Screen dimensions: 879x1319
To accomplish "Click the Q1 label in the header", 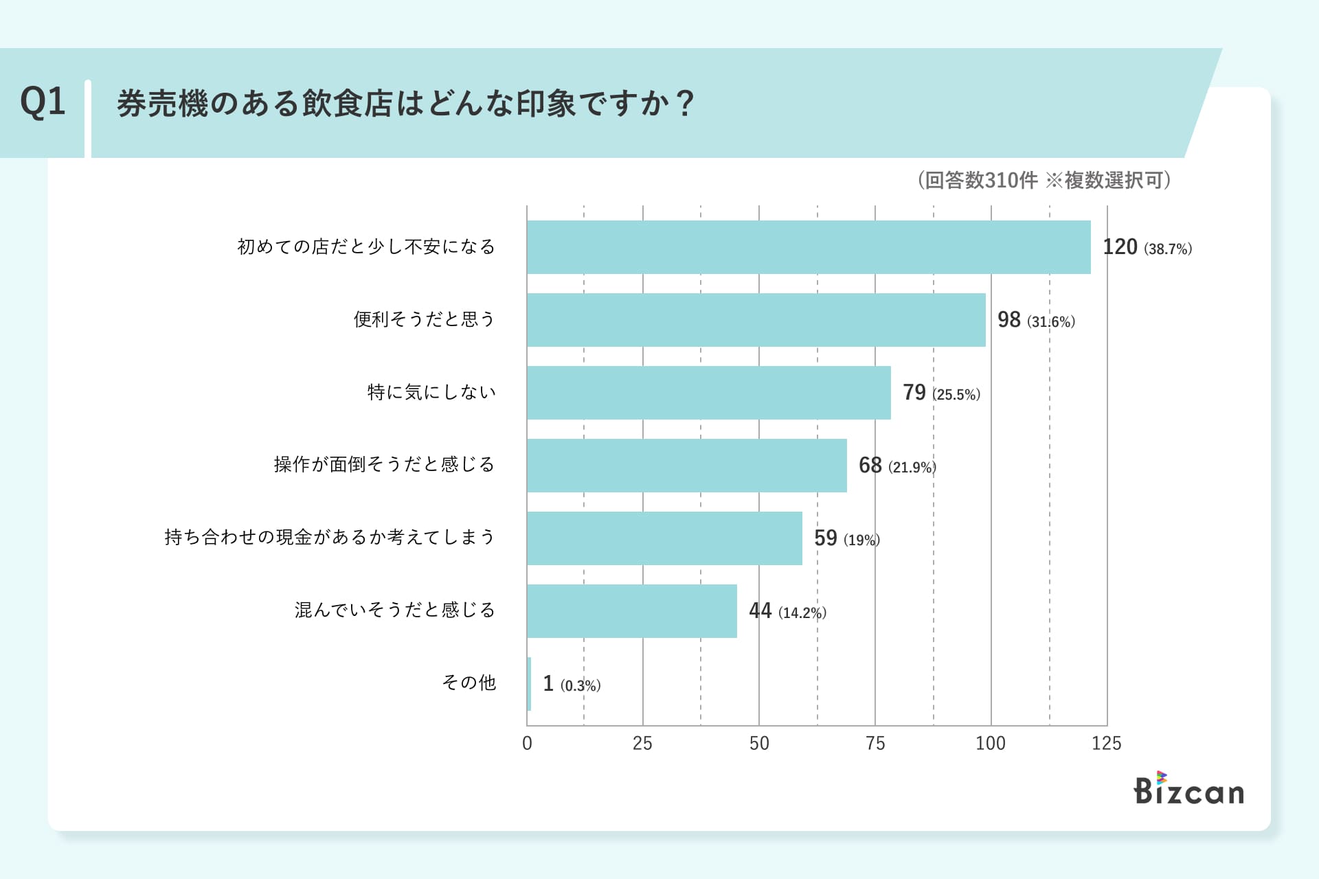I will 43,103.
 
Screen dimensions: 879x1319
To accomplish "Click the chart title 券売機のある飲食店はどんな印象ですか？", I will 405,104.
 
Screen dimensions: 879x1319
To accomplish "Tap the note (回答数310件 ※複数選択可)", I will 1044,180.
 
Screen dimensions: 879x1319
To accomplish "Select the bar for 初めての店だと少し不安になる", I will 809,247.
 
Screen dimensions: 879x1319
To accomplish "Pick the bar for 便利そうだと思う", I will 756,320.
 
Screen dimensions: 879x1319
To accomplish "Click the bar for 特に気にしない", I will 708,393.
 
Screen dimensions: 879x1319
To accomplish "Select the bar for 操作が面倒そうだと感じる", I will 686,466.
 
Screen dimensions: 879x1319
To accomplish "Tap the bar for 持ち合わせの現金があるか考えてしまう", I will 664,538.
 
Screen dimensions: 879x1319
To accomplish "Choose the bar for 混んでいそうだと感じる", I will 632,611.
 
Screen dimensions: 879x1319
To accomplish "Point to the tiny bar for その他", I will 529,684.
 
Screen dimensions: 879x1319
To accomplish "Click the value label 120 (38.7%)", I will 1147,247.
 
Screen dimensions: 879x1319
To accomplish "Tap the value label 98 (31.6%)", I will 1035,320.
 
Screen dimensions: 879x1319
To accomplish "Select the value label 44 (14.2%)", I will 787,611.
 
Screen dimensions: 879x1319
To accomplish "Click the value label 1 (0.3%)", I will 572,684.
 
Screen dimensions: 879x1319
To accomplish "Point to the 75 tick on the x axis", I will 875,743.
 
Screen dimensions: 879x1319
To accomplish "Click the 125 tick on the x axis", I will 1106,743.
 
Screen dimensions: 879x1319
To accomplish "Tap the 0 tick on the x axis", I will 527,743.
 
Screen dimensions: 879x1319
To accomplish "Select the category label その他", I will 469,683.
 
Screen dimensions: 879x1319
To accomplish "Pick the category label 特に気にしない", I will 431,392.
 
